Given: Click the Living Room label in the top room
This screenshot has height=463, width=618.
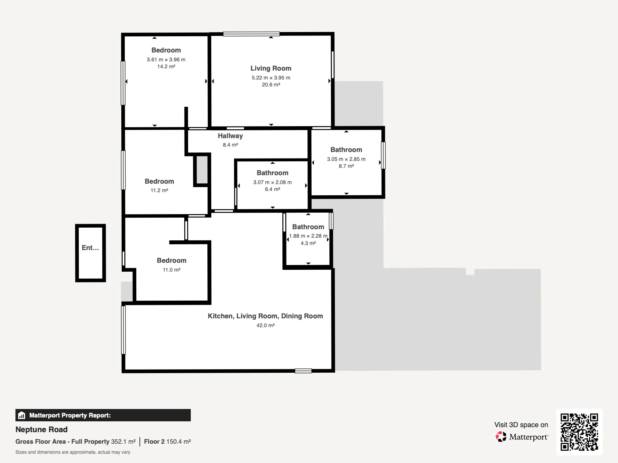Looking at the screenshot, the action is point(271,68).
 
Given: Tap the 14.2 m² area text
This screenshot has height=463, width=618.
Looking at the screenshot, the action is point(166,67).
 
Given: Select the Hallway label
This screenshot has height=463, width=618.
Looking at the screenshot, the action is point(230,136).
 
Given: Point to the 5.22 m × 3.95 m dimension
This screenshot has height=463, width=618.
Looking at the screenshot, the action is point(271,78).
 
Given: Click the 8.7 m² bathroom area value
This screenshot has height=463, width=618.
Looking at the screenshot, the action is point(346,166).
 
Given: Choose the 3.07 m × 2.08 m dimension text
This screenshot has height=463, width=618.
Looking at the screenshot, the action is point(272,182).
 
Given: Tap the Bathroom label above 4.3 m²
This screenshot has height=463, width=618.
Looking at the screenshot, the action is point(308,227).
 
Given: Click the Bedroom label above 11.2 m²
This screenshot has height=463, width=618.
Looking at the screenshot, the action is point(160,181).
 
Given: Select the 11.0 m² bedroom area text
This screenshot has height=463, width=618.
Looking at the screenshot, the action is point(171,270).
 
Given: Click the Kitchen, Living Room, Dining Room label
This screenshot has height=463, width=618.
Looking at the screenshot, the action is point(265,316).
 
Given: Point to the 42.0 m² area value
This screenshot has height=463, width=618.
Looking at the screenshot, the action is point(265,325).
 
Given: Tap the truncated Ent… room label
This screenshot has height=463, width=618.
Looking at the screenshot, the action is point(90,248).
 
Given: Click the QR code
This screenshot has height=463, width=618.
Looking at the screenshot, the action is point(579,432).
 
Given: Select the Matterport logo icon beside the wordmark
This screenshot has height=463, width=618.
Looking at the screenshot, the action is point(501,437).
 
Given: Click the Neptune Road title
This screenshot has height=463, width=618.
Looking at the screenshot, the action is point(41,429).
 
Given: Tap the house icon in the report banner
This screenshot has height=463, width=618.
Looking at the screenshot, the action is point(22,415).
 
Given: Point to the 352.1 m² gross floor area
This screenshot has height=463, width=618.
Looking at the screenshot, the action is point(123,442).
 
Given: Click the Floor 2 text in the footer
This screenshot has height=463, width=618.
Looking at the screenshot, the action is point(154,442).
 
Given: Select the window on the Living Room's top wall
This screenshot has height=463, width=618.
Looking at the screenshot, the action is point(251,34).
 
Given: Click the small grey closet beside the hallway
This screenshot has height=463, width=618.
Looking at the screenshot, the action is point(202,170).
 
